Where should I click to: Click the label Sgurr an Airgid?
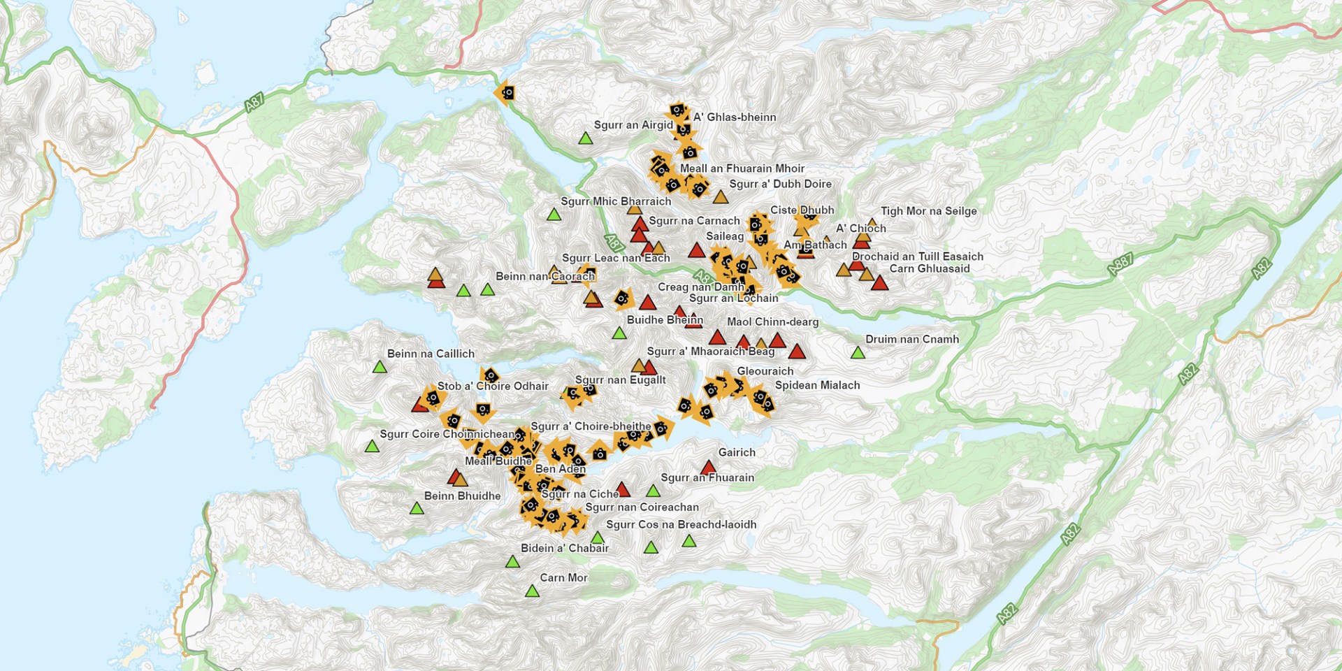633,125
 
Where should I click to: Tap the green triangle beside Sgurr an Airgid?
586,139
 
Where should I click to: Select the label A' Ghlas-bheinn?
735,117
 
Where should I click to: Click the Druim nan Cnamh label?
912,340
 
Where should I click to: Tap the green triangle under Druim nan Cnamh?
858,354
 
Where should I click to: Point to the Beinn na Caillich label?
431,354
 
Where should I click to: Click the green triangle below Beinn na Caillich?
380,368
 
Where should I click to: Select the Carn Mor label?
563,578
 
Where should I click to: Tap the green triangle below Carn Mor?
532,592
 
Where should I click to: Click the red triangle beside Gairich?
708,468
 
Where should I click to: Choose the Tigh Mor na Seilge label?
928,211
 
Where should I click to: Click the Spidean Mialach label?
817,386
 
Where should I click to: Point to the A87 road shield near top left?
254,103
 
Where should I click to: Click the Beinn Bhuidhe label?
462,496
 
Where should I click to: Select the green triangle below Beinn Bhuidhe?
417,509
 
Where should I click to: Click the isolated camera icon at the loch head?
506,93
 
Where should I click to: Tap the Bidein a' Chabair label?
565,549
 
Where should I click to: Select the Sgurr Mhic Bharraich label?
616,202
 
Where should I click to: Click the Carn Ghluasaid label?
929,269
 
